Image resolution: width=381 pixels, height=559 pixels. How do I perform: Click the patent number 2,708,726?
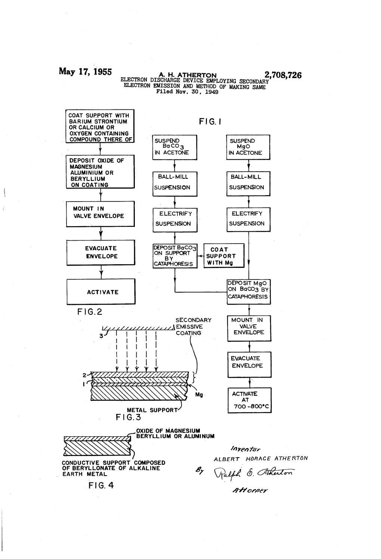282,75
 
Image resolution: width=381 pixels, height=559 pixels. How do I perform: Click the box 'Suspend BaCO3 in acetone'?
174,147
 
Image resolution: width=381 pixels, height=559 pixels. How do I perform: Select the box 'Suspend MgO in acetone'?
248,147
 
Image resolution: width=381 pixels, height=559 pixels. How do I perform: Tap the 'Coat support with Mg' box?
223,256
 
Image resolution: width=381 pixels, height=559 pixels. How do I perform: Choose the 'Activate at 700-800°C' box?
250,400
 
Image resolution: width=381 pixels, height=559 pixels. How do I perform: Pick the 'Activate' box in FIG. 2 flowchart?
101,292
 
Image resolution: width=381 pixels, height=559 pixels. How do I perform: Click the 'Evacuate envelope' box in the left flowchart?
101,252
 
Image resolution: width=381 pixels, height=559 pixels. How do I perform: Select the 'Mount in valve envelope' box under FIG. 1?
249,328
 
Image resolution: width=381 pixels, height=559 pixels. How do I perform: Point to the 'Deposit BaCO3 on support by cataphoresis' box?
174,256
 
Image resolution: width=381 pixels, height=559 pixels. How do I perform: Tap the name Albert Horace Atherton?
260,458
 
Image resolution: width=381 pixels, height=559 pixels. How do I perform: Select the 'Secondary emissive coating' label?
193,327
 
